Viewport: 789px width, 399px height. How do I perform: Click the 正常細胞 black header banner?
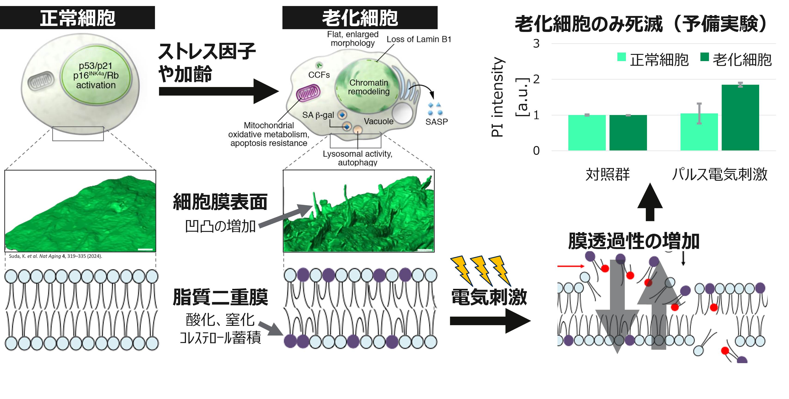pos(77,17)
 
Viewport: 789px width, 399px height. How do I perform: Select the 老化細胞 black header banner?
pos(360,17)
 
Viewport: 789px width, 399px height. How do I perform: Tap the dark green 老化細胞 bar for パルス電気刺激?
pos(740,117)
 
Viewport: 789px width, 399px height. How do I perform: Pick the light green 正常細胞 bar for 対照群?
pos(587,133)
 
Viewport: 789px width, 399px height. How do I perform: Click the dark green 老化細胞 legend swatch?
pos(705,57)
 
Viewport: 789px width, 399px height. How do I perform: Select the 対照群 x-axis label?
pos(608,174)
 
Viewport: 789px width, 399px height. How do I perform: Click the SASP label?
pos(436,122)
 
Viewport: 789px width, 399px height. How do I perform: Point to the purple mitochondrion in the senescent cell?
pos(308,93)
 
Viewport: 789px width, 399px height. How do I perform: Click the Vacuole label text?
pos(379,121)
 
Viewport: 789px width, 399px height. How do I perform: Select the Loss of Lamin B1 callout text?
pos(419,39)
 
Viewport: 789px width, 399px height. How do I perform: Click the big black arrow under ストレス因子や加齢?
pos(219,91)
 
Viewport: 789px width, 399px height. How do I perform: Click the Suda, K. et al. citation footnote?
pos(56,256)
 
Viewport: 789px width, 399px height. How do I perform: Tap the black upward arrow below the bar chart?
pos(650,202)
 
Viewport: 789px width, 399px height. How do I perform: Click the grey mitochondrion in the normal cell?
pos(41,81)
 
